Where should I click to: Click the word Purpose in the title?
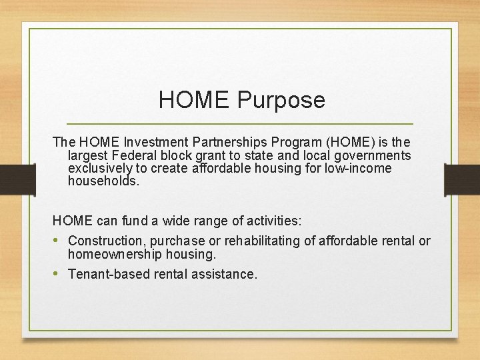[x=280, y=100]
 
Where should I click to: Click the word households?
[x=104, y=181]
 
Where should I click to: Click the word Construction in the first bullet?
[x=107, y=241]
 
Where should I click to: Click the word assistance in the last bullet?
[x=225, y=274]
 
